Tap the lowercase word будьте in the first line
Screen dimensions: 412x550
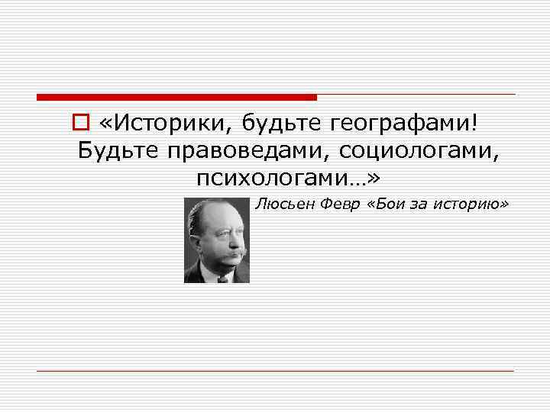pos(276,123)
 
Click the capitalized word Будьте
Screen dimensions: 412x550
pos(115,150)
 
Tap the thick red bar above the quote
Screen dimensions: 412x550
pos(176,98)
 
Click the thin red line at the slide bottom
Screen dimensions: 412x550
pos(275,372)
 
